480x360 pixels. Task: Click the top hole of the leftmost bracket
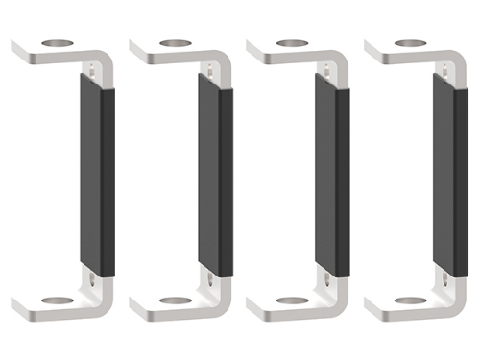tap(57, 43)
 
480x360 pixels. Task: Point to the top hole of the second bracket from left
tap(175, 43)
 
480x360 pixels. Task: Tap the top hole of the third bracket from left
tap(293, 43)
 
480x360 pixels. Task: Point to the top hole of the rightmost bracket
tap(411, 43)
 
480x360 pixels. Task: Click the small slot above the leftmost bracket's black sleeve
tap(93, 68)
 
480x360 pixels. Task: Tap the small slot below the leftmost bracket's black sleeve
tap(93, 279)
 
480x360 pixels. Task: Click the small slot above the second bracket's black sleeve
tap(211, 68)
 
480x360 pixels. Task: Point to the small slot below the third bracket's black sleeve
tap(329, 279)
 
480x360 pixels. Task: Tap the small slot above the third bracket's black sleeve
tap(329, 68)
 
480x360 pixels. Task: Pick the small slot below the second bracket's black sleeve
tap(211, 279)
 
